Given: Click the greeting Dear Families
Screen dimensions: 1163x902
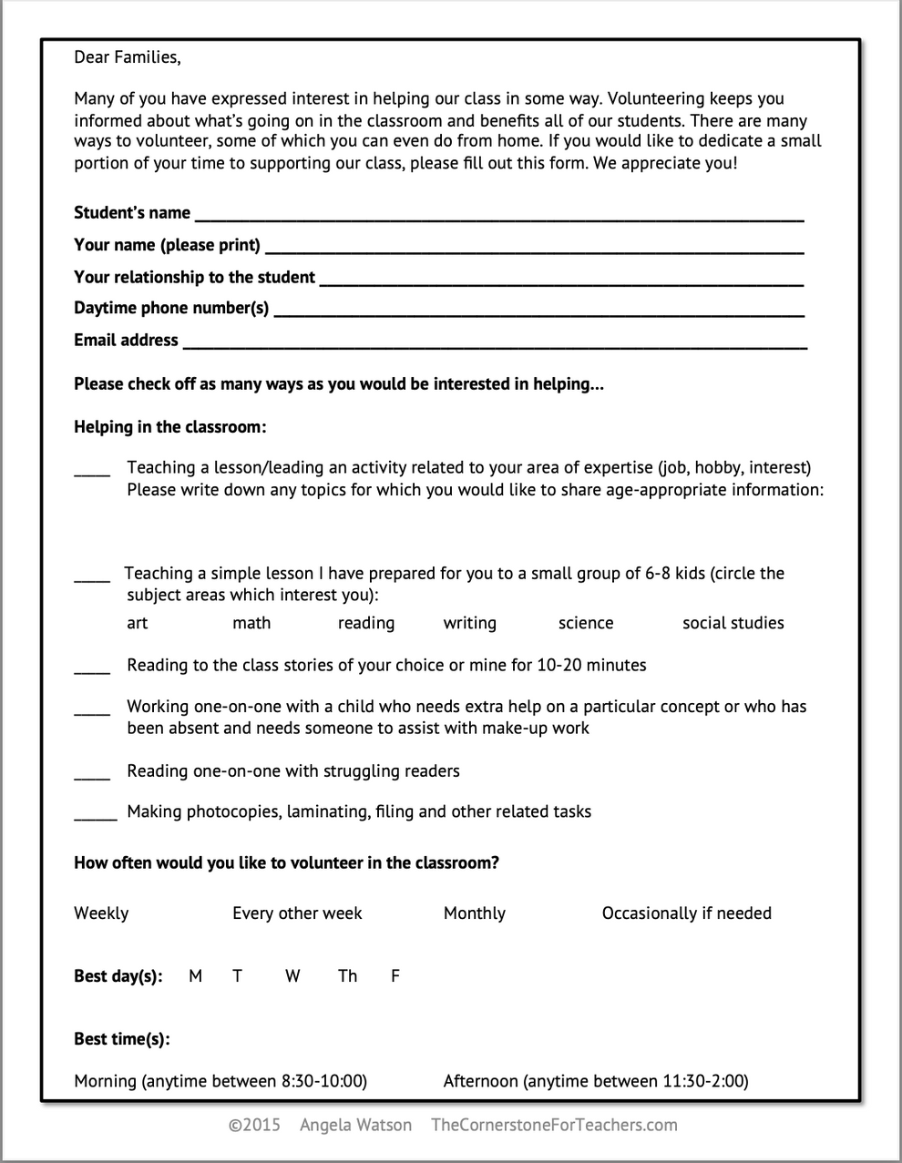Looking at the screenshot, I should click(x=127, y=57).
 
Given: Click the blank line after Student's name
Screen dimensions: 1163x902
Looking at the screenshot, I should click(x=498, y=219).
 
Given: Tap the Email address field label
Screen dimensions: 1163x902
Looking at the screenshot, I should click(x=126, y=340).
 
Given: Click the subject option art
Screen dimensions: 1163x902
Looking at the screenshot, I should click(x=137, y=623).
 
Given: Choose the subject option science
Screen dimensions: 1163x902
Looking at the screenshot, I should click(x=585, y=623).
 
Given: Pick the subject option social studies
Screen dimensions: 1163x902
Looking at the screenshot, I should click(x=733, y=623).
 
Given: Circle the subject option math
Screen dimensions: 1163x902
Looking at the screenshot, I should click(x=251, y=623).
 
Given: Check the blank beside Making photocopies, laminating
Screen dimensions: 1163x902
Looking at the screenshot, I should click(x=95, y=816).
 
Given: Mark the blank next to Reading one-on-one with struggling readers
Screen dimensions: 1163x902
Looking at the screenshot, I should click(x=91, y=776).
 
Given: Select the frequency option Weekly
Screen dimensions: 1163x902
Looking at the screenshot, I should click(x=101, y=913).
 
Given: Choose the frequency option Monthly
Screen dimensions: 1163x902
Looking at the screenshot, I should click(x=474, y=913).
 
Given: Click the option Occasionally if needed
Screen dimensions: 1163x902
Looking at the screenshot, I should click(x=686, y=913).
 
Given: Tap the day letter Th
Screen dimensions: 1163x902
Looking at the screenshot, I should click(x=347, y=976).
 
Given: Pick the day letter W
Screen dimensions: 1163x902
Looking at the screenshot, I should click(x=292, y=976).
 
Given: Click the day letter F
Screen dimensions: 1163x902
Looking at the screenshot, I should click(x=395, y=976).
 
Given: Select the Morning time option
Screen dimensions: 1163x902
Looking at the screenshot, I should click(x=220, y=1081).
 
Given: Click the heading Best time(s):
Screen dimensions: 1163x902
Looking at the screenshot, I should click(x=121, y=1039).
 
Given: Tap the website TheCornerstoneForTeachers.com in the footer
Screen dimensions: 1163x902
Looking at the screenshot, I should click(x=554, y=1125).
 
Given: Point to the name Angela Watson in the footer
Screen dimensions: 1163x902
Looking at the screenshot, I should click(x=355, y=1125).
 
